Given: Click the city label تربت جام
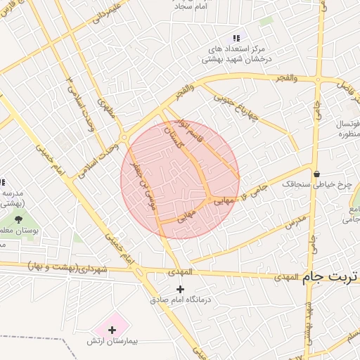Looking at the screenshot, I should coord(330,278).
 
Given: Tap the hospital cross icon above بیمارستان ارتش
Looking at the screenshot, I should coord(112,329).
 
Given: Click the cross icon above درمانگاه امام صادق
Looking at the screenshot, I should coord(181,289).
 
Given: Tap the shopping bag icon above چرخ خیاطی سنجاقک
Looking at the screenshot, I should coord(316,174).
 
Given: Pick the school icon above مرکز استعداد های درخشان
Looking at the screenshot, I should coord(236,38).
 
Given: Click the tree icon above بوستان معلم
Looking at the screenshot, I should coord(18,219).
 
